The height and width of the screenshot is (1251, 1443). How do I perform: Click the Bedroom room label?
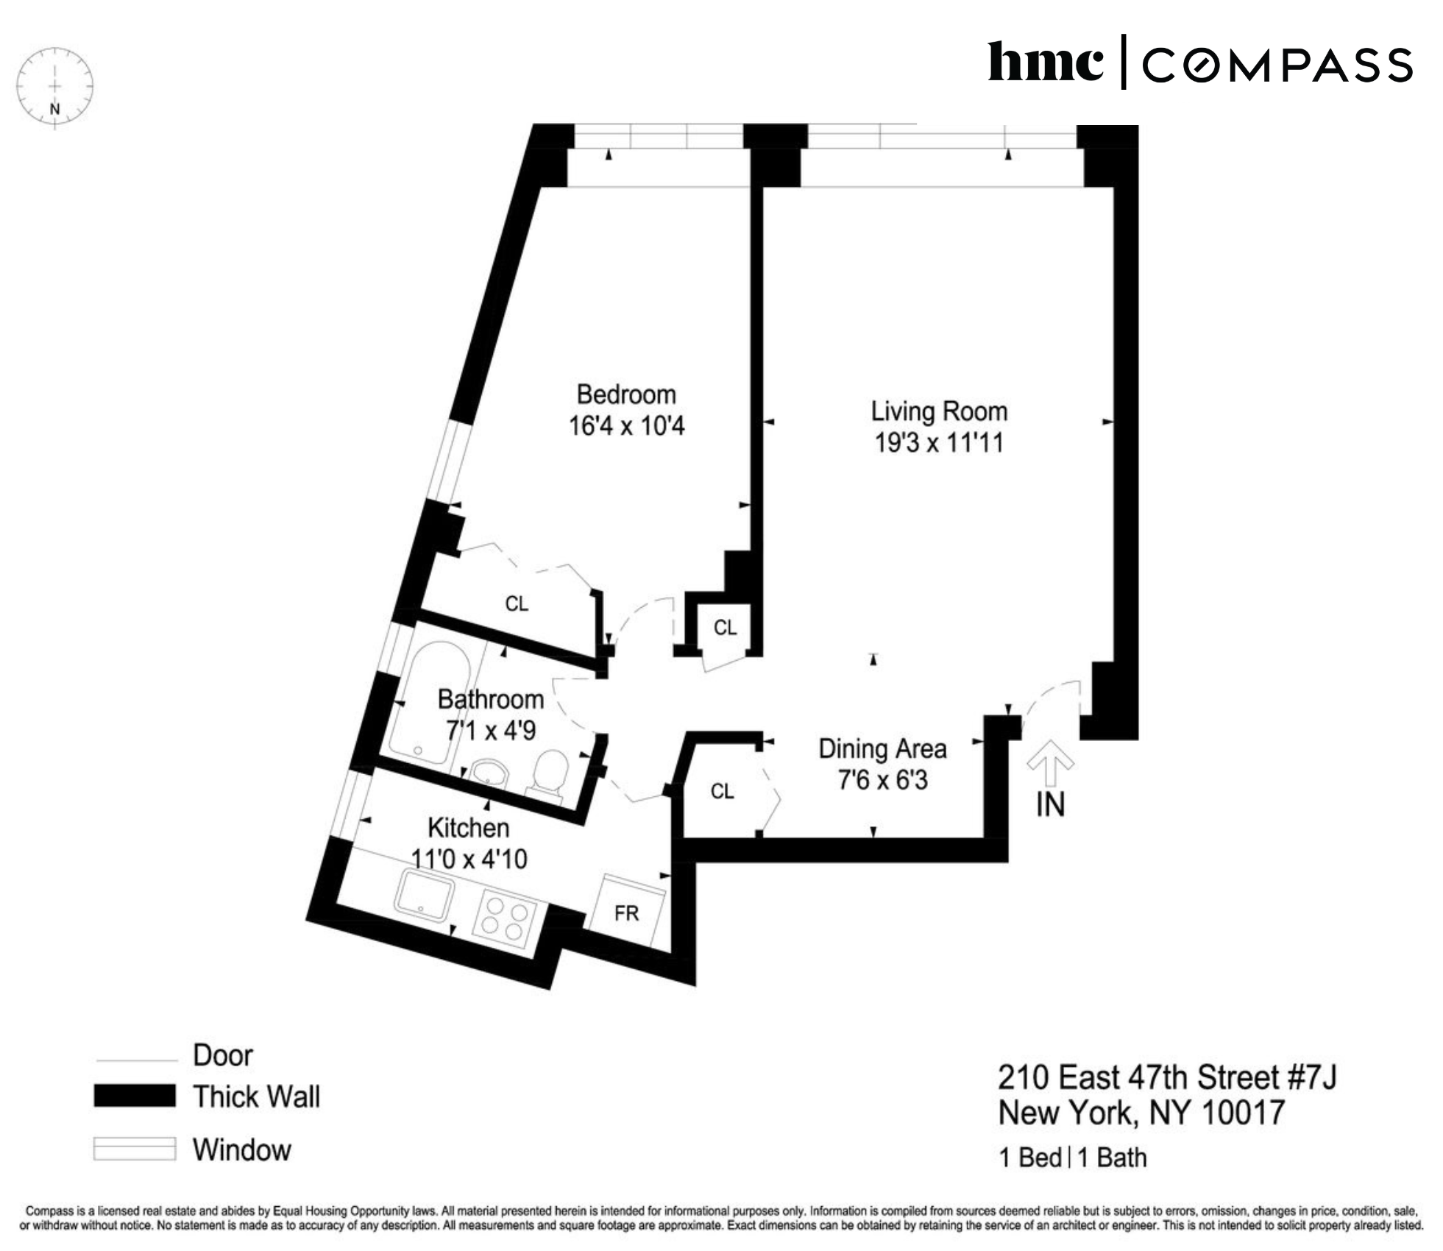625,394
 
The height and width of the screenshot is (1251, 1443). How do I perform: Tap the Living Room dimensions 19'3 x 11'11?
938,443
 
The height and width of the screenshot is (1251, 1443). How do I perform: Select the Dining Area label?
882,749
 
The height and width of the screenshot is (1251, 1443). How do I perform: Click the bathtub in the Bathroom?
428,703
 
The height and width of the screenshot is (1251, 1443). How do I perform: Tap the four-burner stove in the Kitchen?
503,921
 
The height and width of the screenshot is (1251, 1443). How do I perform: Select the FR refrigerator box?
626,913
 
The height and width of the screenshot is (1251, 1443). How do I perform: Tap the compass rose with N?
54,88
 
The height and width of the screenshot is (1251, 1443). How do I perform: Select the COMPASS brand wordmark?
1277,65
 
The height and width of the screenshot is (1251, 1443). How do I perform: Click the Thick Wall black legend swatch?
135,1096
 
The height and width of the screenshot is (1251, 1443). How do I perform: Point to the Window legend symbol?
135,1149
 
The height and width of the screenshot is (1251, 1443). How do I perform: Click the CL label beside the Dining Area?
722,791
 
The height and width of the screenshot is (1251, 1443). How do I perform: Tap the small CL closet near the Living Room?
725,628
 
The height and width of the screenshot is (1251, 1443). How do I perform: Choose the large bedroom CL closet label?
517,603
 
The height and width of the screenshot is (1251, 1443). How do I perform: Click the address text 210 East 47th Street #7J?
1166,1077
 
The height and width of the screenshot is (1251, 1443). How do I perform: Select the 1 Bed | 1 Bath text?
1072,1158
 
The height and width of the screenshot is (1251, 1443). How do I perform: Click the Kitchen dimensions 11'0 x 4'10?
469,859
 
